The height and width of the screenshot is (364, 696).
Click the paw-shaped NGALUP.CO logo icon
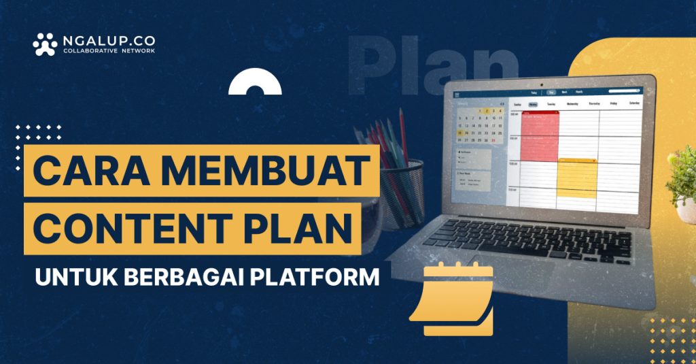(x=45, y=44)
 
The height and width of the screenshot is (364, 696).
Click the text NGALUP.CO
(x=109, y=40)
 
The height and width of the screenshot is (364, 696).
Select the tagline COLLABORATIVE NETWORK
(x=109, y=52)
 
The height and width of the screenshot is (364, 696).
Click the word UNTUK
(x=67, y=278)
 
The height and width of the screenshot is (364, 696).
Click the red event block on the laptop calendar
(x=540, y=136)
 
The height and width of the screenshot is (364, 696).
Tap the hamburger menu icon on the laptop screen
(x=457, y=95)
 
